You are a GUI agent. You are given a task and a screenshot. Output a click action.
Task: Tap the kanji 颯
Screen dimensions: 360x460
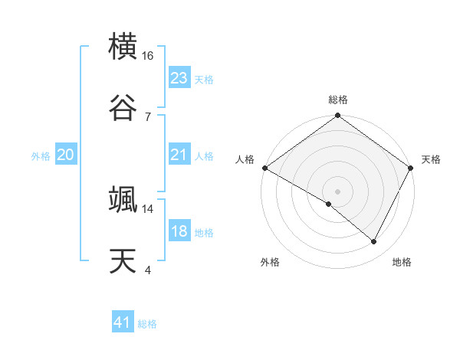tap(123, 199)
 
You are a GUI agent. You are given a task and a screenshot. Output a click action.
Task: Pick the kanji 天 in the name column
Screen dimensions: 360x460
tap(123, 260)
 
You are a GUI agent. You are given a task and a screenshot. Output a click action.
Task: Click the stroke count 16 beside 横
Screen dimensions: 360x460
tap(148, 56)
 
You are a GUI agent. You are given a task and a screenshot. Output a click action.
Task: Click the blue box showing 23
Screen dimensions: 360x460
tap(179, 78)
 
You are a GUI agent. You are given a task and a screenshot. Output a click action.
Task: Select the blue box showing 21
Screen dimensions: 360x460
tap(179, 155)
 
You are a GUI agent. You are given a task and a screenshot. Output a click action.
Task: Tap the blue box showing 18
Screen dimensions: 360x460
tap(179, 231)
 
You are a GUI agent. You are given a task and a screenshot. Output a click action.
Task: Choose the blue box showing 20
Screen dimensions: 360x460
tap(65, 155)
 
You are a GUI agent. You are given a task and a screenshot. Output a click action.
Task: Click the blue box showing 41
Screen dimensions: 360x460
tap(123, 322)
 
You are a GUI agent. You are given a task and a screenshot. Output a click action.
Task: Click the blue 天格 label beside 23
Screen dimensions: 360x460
tap(203, 79)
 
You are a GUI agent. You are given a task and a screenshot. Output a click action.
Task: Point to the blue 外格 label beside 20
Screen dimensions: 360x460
tap(41, 155)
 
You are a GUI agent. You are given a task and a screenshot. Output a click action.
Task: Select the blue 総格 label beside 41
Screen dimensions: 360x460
tap(147, 323)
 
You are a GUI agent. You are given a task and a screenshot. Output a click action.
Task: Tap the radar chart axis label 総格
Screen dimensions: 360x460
tap(337, 100)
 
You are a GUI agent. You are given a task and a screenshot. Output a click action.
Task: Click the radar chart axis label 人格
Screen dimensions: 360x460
tap(245, 159)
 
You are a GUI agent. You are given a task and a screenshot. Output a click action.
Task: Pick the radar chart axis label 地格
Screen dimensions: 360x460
tap(402, 262)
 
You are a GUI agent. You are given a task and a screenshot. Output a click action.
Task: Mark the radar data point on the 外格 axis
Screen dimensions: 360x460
tap(329, 204)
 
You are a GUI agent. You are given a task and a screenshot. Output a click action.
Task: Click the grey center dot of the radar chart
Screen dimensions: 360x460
tap(337, 191)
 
